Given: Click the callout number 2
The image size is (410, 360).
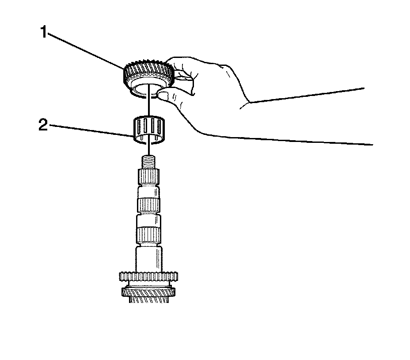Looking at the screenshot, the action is pos(42,125).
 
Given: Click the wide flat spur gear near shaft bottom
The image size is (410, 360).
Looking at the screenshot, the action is pos(149,277).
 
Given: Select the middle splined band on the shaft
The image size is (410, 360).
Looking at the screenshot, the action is pos(149,205).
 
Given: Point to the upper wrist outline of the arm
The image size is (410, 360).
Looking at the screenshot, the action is pos(305,96).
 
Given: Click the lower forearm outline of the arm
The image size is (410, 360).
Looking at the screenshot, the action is pos(287,141).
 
